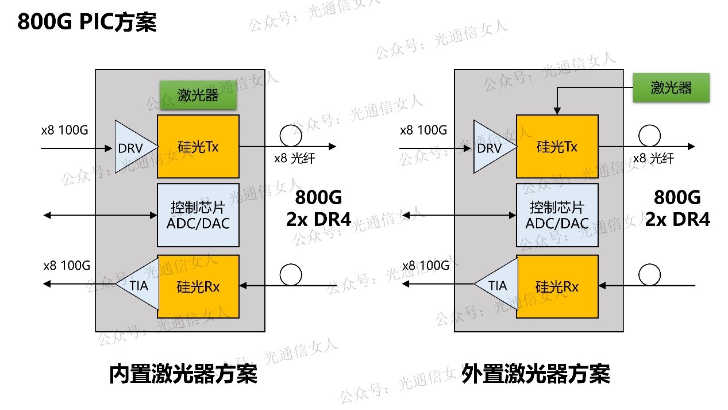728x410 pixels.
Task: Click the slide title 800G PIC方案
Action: click(87, 22)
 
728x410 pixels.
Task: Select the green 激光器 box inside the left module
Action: click(198, 95)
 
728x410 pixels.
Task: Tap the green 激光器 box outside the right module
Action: click(671, 87)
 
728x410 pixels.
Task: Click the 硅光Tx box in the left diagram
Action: click(198, 147)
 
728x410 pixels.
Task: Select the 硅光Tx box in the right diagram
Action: click(557, 147)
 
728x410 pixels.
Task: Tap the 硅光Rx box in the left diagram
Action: click(198, 286)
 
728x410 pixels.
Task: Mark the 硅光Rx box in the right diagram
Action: click(557, 286)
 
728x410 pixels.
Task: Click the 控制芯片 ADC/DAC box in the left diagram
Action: click(198, 214)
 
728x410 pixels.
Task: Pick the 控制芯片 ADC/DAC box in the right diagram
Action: click(557, 214)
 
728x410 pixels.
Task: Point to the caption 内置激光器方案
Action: click(183, 374)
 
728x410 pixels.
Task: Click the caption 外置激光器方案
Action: click(536, 374)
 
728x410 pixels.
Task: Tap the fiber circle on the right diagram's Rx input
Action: click(649, 275)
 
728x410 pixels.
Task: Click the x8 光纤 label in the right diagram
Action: click(653, 159)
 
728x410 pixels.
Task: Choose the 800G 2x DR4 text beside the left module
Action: click(319, 208)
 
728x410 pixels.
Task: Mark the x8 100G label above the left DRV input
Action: click(64, 130)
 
